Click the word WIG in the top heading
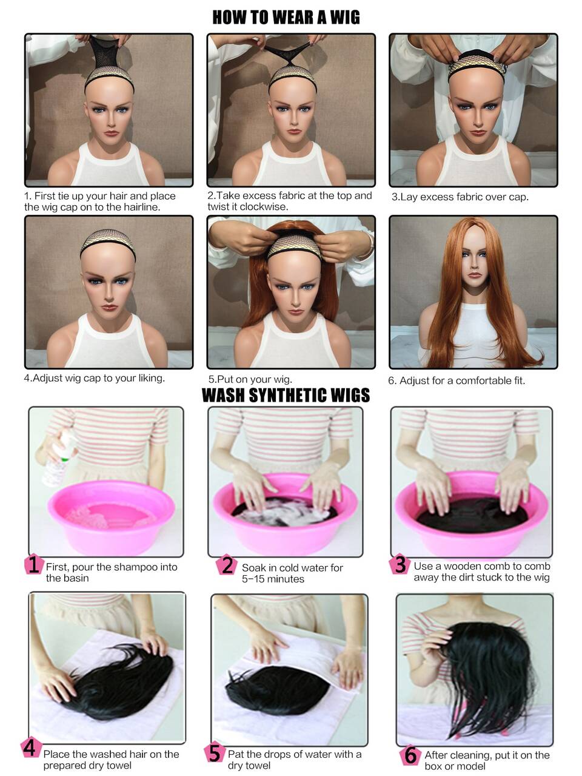click(x=345, y=18)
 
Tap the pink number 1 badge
click(x=33, y=564)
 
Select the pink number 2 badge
click(x=226, y=565)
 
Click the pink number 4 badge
click(x=31, y=747)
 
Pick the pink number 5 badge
click(x=215, y=752)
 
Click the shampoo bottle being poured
click(x=59, y=460)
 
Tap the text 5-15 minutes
click(x=273, y=579)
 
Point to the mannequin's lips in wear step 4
click(x=109, y=307)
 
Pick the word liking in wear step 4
click(x=150, y=378)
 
